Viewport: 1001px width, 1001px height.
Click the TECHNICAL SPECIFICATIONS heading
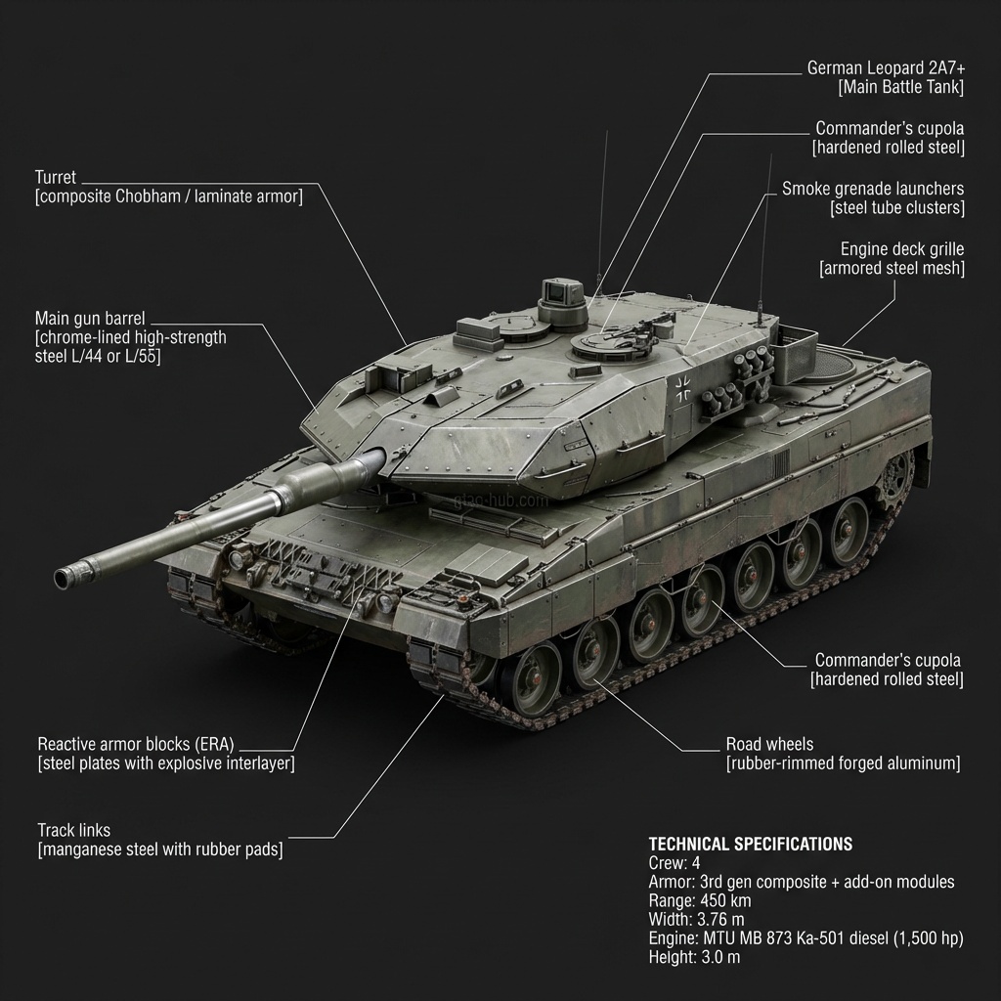point(750,844)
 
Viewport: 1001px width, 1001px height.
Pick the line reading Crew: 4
point(675,863)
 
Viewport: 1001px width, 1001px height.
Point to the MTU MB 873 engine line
point(805,938)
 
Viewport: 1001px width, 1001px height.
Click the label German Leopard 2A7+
point(886,68)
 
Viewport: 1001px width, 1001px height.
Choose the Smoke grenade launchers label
point(873,189)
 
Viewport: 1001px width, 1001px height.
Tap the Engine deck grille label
point(902,249)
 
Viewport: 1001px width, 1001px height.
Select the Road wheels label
point(769,744)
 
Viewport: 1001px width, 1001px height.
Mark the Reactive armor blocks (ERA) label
point(136,744)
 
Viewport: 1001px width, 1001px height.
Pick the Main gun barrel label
point(92,319)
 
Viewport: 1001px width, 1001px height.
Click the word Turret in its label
point(55,177)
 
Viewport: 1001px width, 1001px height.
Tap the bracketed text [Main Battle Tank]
point(901,88)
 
